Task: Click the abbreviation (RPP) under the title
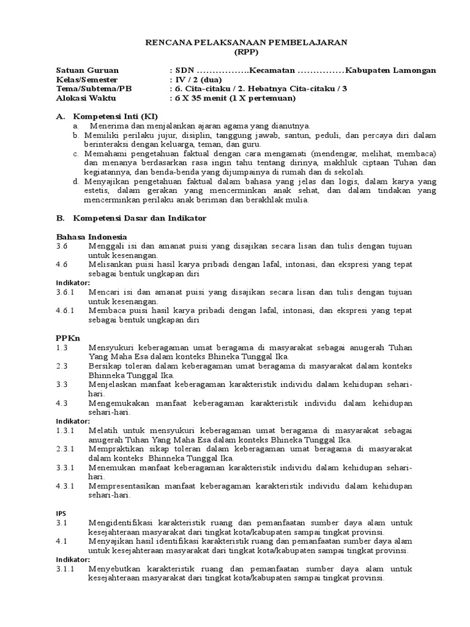pos(246,51)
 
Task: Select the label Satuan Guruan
pos(88,70)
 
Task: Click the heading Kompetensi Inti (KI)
pos(116,116)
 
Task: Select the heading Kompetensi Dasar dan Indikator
pos(140,218)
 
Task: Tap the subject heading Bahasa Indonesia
pos(92,236)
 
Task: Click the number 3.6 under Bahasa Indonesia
pos(62,246)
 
